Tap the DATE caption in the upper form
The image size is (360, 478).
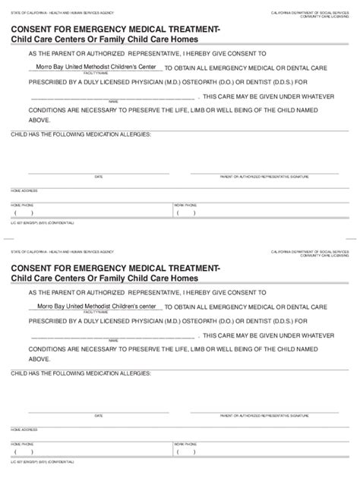[x=98, y=177]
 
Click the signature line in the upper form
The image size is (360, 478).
[x=264, y=171]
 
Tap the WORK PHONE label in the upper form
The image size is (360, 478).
[x=183, y=205]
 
